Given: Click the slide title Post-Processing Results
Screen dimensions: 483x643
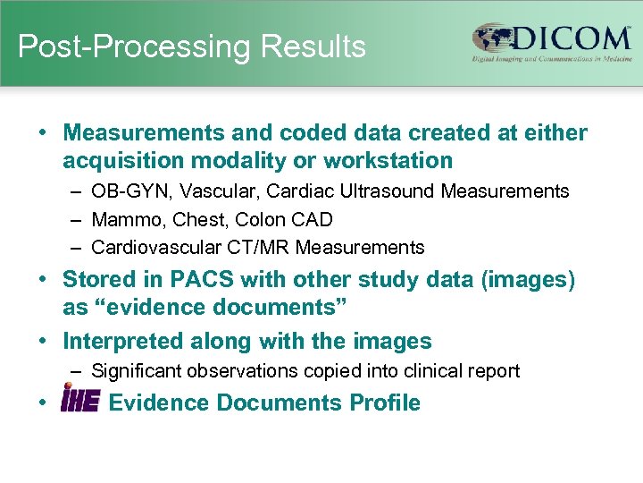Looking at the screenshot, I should (x=192, y=47).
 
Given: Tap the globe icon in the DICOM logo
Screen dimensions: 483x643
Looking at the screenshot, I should (x=492, y=38).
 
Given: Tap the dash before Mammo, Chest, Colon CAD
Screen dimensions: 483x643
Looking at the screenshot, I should (x=76, y=219).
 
